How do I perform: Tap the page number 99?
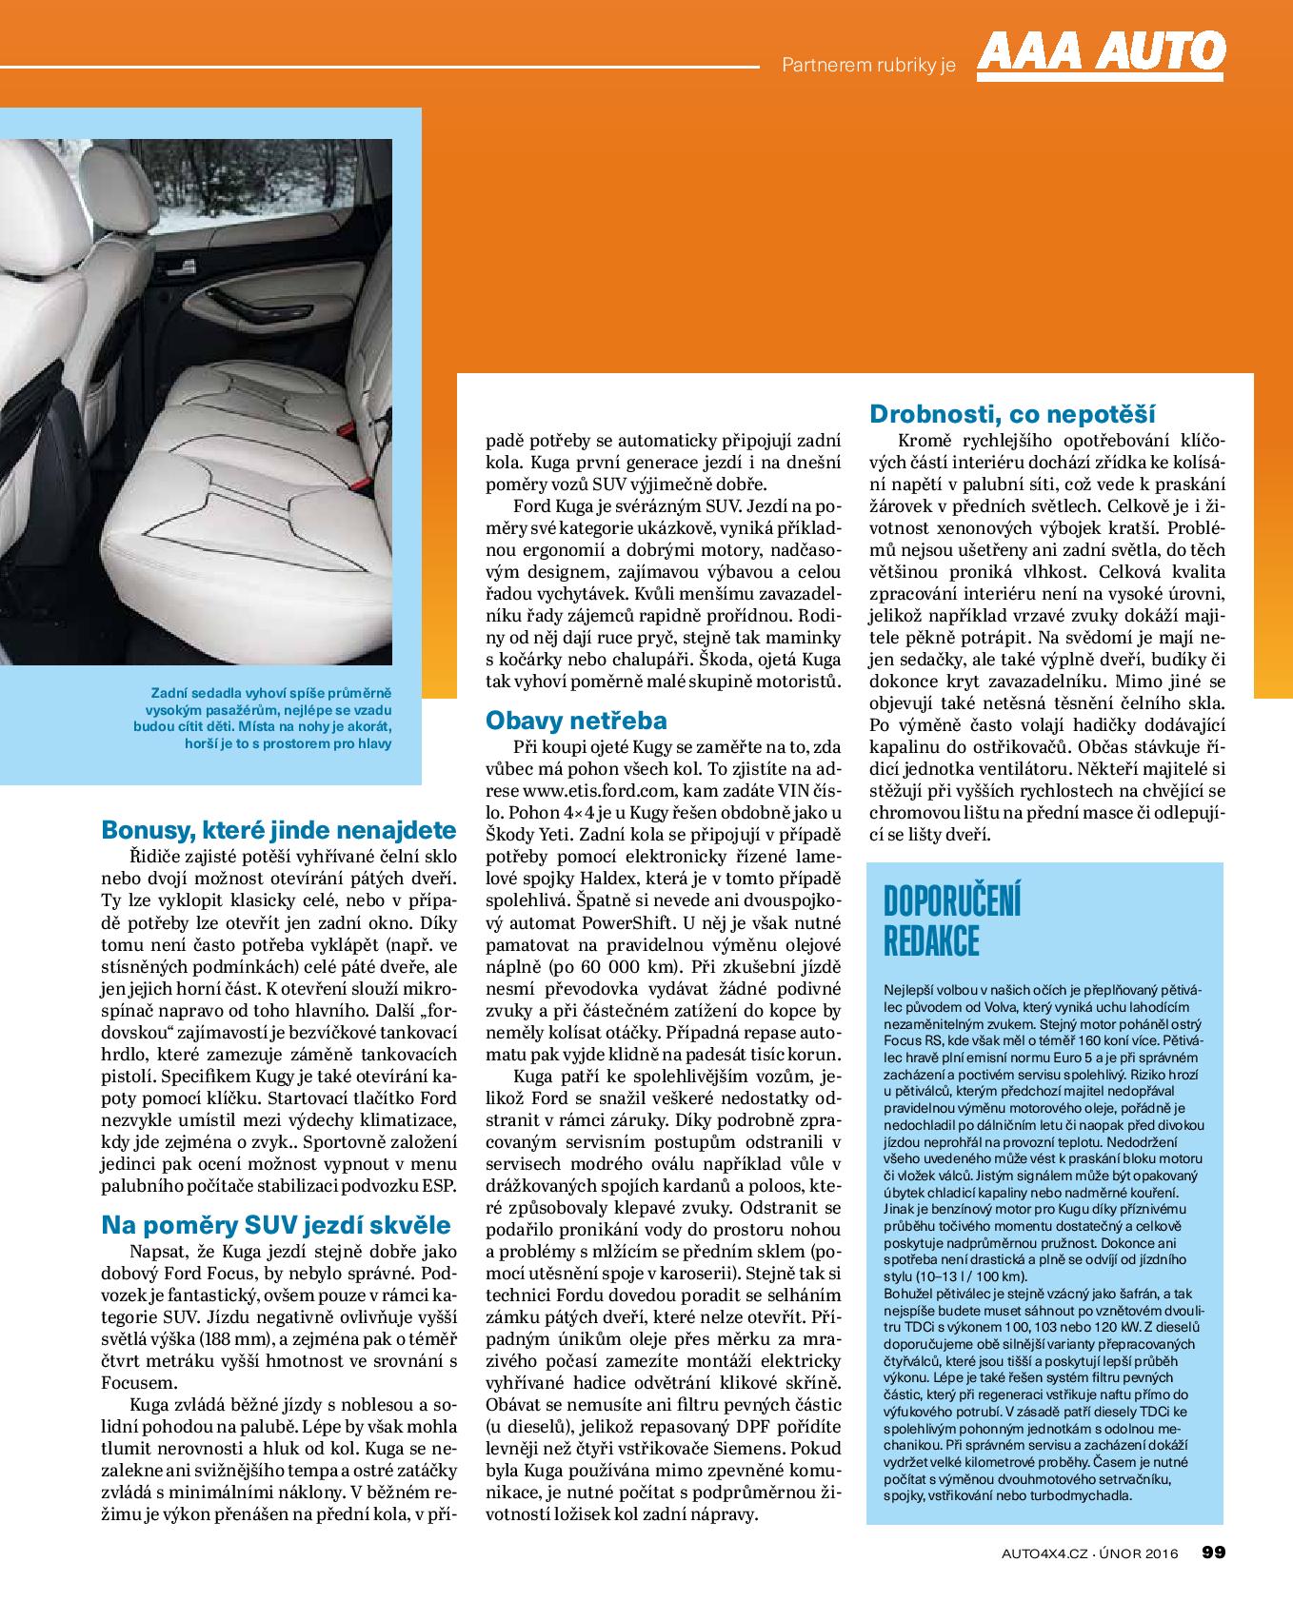point(1212,1553)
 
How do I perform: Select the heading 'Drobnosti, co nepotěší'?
point(1012,414)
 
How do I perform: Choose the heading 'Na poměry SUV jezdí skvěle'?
point(275,1224)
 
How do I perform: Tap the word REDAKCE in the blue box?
point(931,940)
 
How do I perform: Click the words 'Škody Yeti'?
point(530,833)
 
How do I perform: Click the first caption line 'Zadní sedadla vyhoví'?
point(270,694)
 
